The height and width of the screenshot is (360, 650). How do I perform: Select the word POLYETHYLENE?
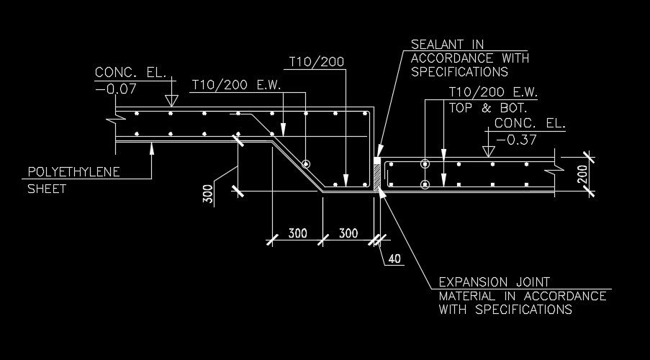tap(73, 172)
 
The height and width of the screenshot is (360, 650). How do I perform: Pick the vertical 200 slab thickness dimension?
tap(582, 173)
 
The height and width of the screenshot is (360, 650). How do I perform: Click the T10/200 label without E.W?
tap(316, 63)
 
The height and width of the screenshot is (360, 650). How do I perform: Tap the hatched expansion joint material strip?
tap(377, 179)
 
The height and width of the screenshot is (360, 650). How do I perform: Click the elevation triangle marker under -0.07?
tap(171, 101)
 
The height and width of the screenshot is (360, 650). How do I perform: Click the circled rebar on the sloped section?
tap(307, 164)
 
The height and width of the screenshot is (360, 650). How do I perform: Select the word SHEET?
tap(46, 189)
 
